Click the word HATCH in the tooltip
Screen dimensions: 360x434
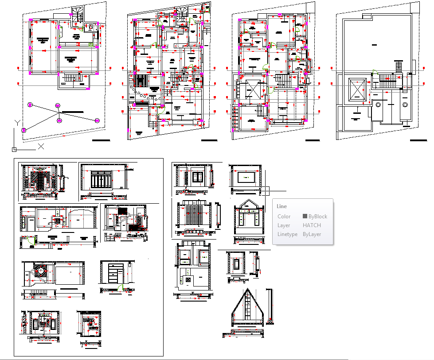pos(312,225)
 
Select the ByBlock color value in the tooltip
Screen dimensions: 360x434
pos(317,217)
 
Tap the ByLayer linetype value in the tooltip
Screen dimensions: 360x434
pos(312,234)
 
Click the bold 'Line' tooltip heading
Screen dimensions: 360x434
pos(282,206)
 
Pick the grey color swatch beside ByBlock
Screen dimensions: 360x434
pos(305,217)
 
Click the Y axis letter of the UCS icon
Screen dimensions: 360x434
pos(17,122)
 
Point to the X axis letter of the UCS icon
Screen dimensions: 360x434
pos(41,146)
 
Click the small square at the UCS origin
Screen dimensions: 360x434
pos(14,149)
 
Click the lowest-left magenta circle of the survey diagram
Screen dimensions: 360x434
pos(24,130)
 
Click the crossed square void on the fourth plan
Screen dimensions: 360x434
pos(357,90)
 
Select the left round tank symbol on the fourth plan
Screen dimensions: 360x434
pos(378,105)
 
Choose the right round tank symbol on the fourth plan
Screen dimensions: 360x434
pos(404,105)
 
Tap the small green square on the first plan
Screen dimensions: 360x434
pos(90,45)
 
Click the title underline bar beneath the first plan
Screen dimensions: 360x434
pos(101,140)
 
